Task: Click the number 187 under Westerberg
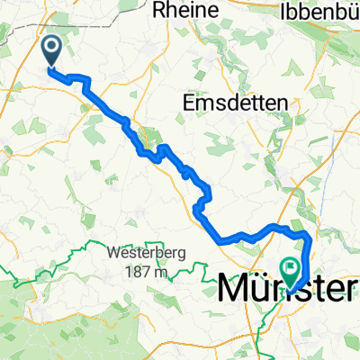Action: click(135, 272)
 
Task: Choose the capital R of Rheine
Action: click(161, 11)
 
